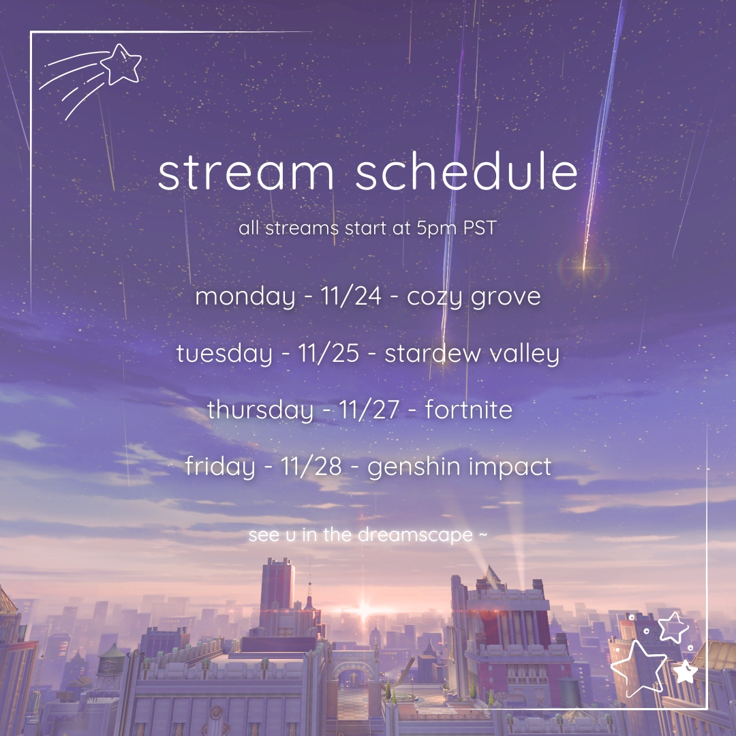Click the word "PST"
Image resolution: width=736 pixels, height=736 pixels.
click(480, 228)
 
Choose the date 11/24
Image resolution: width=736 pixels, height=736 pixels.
click(351, 296)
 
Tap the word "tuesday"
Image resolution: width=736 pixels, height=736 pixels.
click(224, 354)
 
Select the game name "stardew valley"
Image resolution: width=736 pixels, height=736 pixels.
click(472, 354)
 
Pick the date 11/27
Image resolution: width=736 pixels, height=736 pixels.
click(369, 410)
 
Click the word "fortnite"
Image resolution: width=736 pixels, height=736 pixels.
click(468, 409)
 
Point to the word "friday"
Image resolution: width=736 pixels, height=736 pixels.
click(220, 467)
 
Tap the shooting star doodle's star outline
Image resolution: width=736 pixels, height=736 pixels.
click(121, 64)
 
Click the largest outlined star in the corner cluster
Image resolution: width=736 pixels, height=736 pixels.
click(639, 667)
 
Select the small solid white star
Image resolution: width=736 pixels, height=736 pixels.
click(686, 672)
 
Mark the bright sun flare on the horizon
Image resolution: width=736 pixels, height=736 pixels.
click(364, 611)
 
